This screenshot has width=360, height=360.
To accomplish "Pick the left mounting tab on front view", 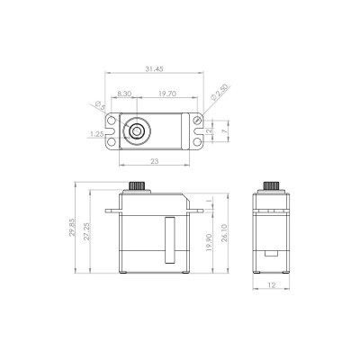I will tap(112, 211).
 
